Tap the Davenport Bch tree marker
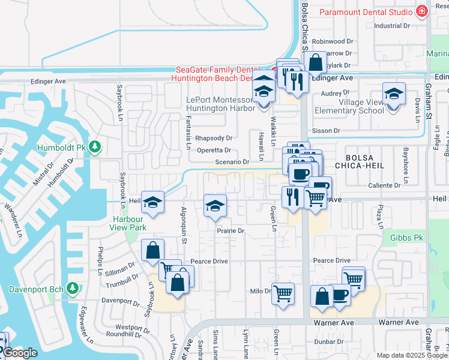point(73,289)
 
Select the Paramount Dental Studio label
point(365,12)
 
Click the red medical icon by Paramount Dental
point(422,11)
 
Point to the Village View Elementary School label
point(361,106)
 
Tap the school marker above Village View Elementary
point(394,94)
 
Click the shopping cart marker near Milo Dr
point(283,294)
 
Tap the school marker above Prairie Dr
point(214,206)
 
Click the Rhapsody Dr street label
point(213,138)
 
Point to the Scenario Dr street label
point(232,162)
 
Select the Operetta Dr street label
point(214,151)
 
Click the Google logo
point(20,353)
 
